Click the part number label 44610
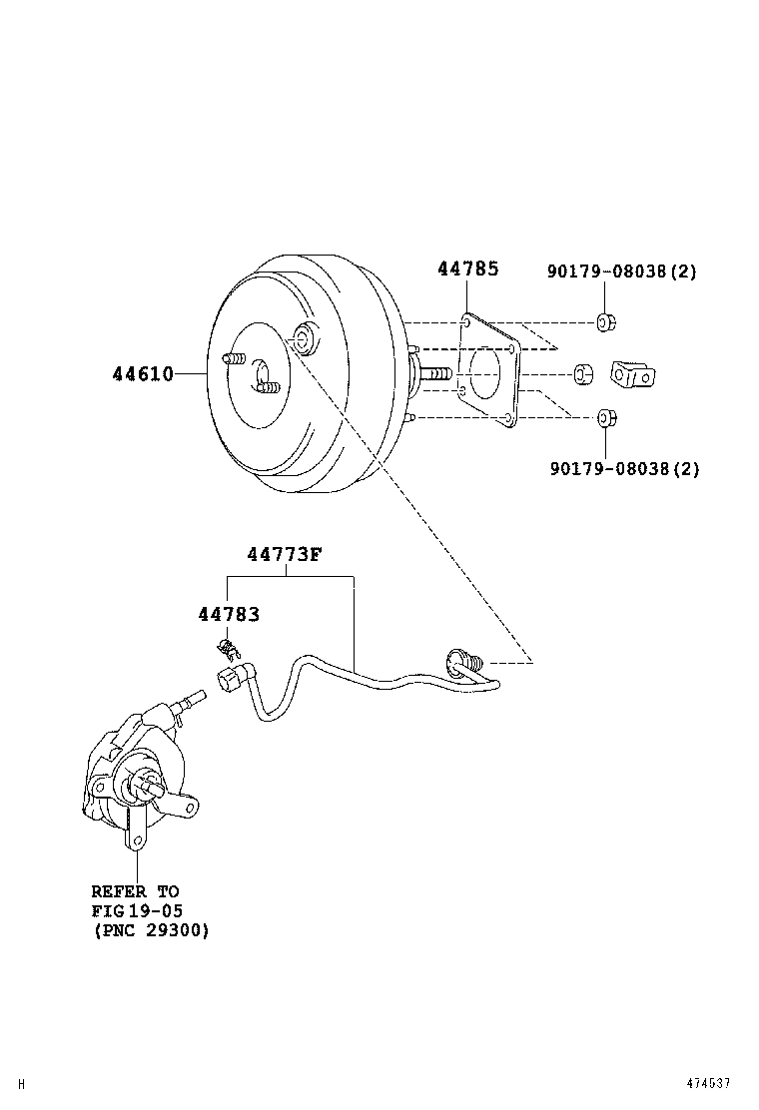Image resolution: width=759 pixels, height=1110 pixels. (x=142, y=374)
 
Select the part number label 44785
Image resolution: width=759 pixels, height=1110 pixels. (x=467, y=269)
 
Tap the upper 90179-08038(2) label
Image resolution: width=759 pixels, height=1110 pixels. (x=621, y=272)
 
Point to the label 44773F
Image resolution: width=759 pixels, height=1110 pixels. (x=285, y=555)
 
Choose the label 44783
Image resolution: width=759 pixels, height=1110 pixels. (x=229, y=615)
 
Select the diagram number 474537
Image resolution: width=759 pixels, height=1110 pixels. (x=708, y=1083)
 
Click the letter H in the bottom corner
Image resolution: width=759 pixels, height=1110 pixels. (x=22, y=1084)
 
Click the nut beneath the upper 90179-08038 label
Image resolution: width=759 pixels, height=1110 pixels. (x=604, y=321)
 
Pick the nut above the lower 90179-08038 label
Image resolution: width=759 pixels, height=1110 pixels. (x=604, y=416)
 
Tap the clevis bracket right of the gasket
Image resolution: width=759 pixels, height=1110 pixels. (x=633, y=373)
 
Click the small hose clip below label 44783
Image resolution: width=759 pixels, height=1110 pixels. (x=229, y=649)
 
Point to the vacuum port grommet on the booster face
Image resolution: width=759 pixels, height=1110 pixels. (x=305, y=338)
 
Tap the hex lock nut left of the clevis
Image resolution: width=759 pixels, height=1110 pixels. (x=583, y=374)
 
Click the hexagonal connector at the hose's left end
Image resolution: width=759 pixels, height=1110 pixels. (x=228, y=684)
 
